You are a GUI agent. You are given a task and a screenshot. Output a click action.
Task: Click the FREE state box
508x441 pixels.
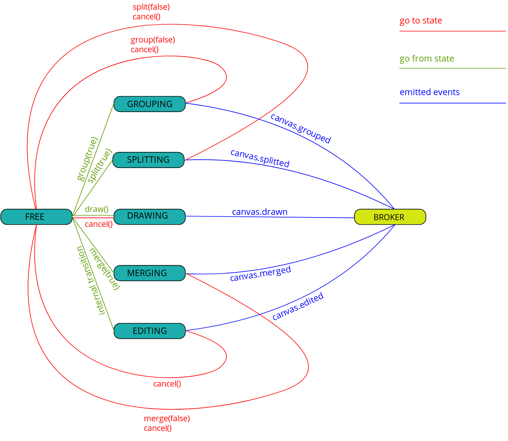point(36,217)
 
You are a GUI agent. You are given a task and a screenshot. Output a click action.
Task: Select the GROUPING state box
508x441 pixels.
point(149,104)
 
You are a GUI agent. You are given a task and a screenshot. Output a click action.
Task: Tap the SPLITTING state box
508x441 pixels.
point(148,160)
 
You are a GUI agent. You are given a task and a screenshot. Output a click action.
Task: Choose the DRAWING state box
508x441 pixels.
point(149,216)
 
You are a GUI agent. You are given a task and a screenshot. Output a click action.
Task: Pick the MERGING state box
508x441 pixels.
point(149,273)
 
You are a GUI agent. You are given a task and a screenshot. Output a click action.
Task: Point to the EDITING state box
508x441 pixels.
point(149,331)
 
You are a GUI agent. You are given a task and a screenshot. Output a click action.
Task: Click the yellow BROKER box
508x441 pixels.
point(390,217)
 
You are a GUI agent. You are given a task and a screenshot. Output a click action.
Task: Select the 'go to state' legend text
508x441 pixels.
point(421,21)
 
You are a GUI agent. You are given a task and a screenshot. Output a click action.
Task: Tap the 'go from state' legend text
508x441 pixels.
point(427,59)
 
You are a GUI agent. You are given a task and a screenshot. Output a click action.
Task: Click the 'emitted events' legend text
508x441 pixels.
point(430,93)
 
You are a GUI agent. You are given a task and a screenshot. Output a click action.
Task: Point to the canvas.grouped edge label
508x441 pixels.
point(301,128)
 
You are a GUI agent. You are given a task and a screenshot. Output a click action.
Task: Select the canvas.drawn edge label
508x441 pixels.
point(260,212)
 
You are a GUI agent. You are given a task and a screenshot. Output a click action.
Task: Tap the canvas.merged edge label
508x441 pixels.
point(260,274)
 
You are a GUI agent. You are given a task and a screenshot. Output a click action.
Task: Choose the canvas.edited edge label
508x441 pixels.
point(298,307)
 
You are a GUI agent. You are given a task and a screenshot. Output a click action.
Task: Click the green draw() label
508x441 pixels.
point(96,209)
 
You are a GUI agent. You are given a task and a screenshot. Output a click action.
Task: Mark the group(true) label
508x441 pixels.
point(87,159)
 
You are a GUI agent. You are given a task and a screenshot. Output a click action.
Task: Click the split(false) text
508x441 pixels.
point(151,7)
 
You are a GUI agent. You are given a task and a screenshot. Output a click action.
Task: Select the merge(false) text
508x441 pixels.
point(167,419)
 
